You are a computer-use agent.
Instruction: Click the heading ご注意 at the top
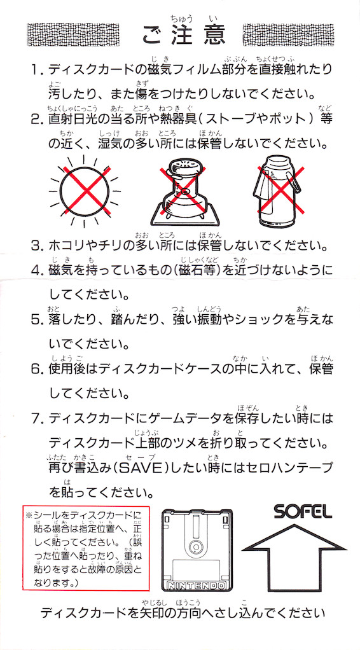point(184,35)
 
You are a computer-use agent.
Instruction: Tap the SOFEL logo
point(303,513)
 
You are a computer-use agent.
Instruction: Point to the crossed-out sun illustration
point(86,191)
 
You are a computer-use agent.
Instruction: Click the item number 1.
point(36,69)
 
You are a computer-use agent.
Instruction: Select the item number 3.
point(36,247)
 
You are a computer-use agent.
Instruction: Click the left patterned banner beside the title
point(73,35)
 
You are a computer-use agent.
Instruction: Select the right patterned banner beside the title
point(288,35)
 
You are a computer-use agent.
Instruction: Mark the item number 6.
point(36,368)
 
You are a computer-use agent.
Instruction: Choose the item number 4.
point(36,271)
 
